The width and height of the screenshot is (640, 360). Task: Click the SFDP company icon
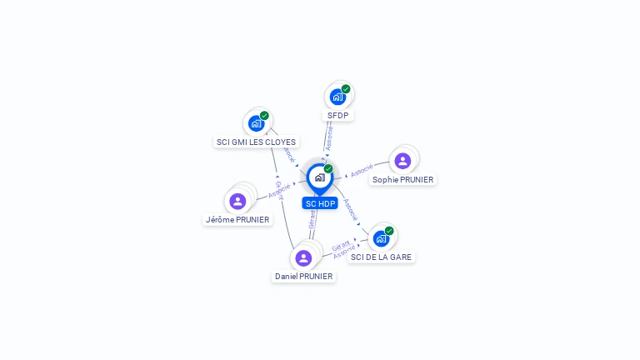(337, 97)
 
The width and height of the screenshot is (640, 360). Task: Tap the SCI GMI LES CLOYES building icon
(256, 123)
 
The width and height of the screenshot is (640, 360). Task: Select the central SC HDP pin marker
(319, 177)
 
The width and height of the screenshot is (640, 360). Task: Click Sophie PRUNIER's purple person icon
(402, 161)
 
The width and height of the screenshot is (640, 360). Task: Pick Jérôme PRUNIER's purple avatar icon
(237, 201)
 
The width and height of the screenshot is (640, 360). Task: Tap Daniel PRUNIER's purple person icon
(303, 257)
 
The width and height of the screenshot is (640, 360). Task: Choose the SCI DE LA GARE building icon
(381, 238)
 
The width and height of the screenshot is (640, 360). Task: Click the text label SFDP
(337, 116)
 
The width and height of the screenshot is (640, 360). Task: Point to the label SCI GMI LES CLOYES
(256, 142)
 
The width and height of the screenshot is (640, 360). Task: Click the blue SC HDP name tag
(320, 203)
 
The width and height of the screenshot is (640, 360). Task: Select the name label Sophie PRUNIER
(403, 179)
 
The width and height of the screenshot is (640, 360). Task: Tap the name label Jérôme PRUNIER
(237, 220)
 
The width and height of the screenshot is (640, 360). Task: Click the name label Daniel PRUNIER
(304, 277)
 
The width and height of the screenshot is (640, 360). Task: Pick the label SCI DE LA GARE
(382, 257)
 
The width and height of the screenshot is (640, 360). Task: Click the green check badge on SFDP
(346, 89)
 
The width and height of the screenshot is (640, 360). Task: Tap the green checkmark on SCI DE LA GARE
(389, 231)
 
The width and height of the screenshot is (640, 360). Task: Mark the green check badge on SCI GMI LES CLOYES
(264, 116)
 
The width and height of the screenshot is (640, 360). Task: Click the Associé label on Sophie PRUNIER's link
(362, 172)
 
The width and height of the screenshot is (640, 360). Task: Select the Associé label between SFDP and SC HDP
(329, 137)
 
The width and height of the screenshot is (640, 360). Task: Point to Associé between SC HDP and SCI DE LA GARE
(351, 209)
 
